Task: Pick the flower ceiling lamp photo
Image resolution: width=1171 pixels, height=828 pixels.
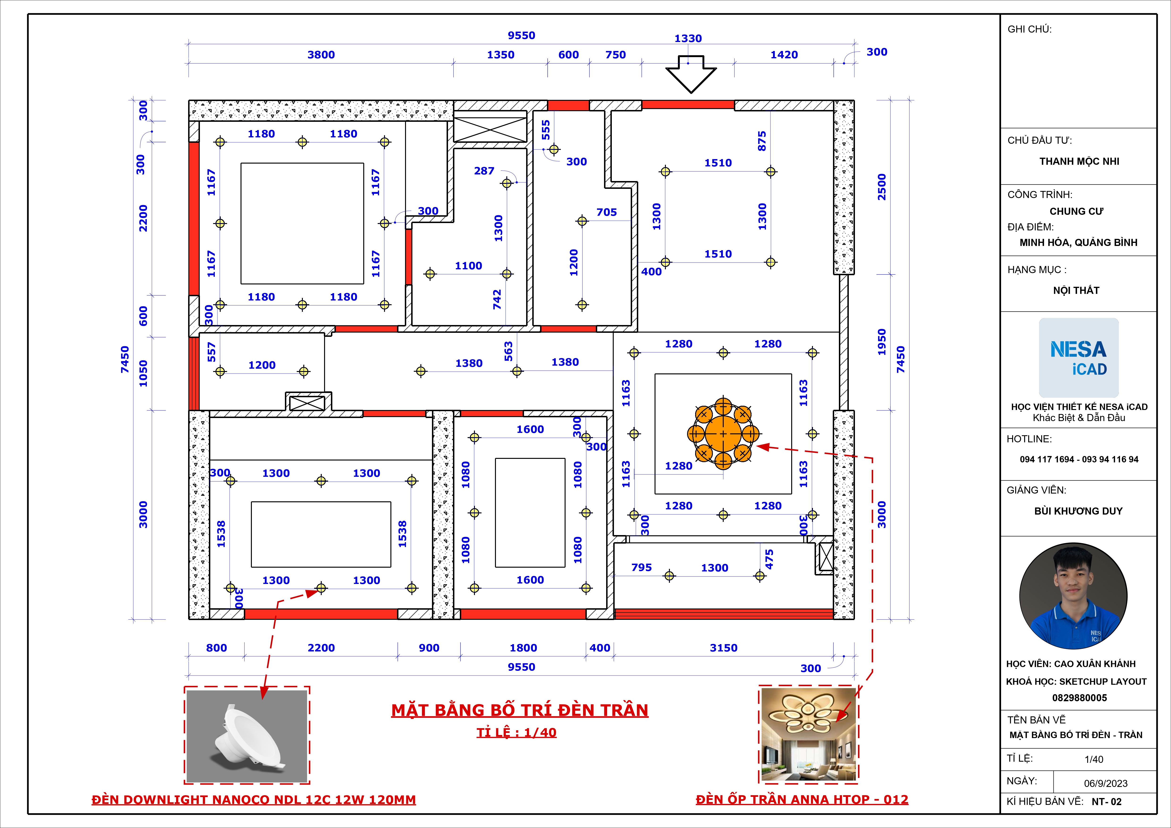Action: point(808,734)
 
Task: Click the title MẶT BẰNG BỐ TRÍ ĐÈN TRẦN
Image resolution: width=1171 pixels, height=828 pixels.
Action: point(520,710)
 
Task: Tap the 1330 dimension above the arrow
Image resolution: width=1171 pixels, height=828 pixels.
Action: point(688,38)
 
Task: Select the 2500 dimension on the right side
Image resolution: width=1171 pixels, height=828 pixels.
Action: point(882,187)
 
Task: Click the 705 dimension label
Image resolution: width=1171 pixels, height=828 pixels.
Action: point(606,212)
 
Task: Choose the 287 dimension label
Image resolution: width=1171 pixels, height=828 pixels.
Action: point(484,171)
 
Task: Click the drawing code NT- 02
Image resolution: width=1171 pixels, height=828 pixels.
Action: point(1107,802)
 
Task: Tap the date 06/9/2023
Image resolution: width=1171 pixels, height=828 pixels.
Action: point(1106,783)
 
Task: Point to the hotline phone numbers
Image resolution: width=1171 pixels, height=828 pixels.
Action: point(1079,459)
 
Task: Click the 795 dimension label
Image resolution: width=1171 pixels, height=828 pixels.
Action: point(642,567)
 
